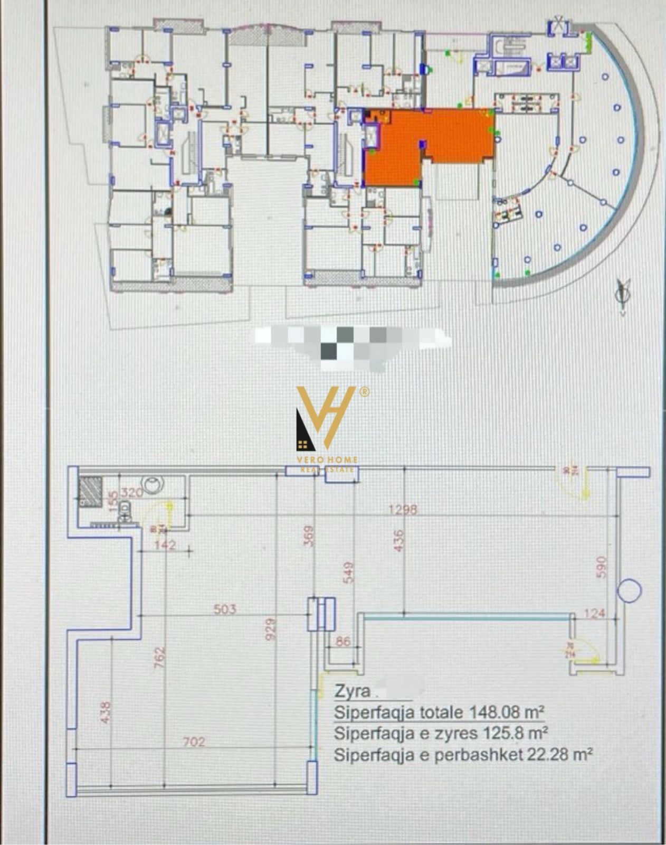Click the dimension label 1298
(403, 509)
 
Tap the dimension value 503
(225, 609)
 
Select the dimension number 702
(194, 742)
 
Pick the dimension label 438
(106, 712)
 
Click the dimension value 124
(595, 613)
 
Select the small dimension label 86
(342, 642)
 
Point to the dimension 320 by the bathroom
(132, 493)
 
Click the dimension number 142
(165, 544)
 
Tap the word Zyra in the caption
(349, 691)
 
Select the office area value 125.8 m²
(512, 733)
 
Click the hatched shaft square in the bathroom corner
(90, 492)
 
